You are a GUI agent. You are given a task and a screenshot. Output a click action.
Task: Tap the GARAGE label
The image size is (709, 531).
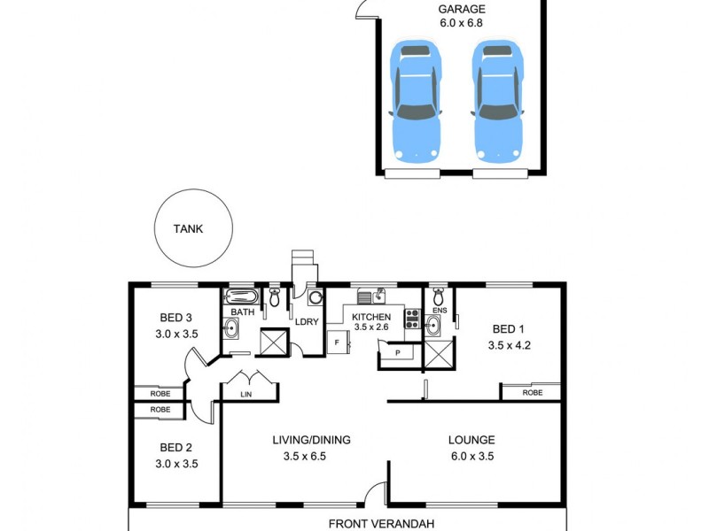point(462,10)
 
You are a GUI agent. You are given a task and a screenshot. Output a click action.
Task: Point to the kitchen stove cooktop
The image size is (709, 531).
point(412,319)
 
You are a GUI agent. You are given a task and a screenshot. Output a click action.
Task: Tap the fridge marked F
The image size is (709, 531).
point(337,342)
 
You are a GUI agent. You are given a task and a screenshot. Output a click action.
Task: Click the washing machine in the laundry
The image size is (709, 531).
point(314,299)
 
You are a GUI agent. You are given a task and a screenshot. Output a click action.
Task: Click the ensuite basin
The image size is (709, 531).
point(432,326)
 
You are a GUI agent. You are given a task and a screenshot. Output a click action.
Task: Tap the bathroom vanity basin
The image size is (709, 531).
point(230,329)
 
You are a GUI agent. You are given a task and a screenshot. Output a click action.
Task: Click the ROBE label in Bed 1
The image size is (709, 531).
point(532,392)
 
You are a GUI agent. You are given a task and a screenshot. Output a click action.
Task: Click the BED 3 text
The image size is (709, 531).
point(175,318)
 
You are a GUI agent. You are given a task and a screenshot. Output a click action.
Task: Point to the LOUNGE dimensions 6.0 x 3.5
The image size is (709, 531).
point(471,457)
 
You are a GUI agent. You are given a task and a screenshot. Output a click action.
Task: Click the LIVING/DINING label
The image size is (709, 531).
point(310,440)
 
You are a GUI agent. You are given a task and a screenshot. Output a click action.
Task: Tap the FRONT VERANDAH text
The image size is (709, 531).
point(381,524)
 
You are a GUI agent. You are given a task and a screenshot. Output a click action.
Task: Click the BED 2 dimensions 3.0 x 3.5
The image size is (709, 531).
point(175,464)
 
